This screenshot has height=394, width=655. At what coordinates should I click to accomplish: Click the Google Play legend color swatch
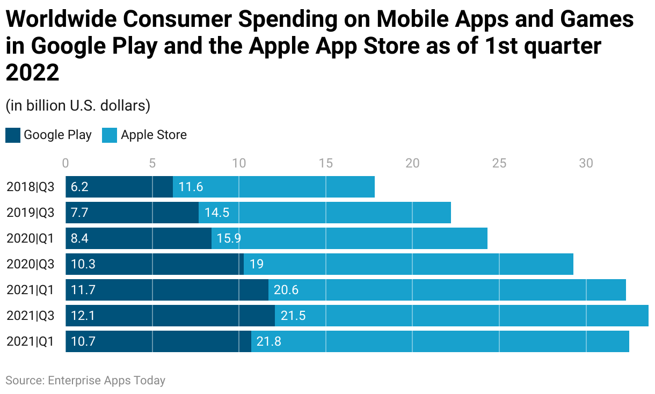13,135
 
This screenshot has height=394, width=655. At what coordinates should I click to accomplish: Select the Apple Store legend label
154,135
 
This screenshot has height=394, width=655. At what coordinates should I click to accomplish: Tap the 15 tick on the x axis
325,163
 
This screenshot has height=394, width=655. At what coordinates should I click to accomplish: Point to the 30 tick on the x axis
586,163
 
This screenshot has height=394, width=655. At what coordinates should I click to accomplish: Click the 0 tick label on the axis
65,163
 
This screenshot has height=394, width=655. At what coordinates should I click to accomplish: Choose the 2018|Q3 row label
31,187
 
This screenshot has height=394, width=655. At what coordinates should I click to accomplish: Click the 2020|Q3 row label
31,264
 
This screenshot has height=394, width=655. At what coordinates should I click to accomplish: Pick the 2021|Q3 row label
31,316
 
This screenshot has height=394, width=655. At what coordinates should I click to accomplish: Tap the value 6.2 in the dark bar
79,187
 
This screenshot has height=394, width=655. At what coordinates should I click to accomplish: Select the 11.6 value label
191,187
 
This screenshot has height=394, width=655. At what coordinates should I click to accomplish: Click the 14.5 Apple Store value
216,213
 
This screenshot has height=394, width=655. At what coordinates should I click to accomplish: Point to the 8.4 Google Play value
79,238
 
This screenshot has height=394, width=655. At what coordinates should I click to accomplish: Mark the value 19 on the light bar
256,264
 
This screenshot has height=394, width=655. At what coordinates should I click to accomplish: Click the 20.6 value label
286,290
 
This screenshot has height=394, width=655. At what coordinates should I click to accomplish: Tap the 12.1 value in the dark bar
82,316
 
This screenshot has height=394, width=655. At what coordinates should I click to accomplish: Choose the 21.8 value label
268,341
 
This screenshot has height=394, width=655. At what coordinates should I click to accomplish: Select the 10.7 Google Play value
82,341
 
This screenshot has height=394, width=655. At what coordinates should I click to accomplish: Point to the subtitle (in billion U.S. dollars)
78,106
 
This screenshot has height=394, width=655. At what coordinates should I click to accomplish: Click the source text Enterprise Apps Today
106,381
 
